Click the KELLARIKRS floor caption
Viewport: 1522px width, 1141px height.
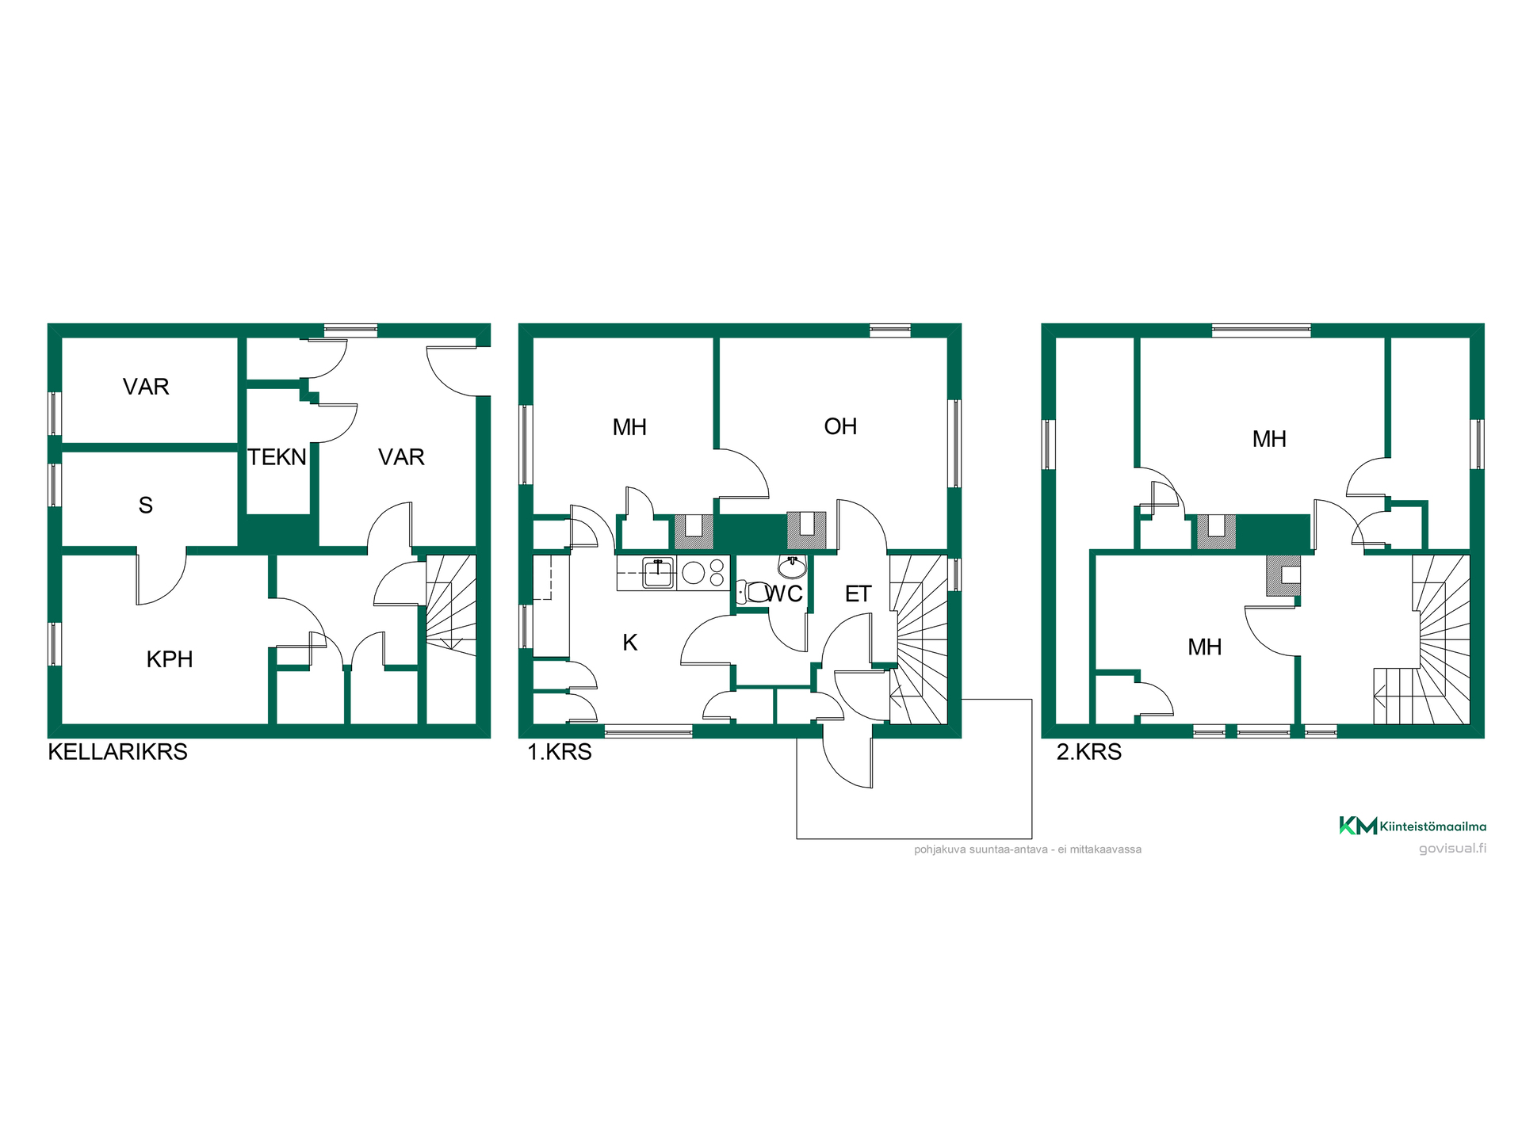pos(118,752)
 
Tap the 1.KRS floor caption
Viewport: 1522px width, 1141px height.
pos(560,752)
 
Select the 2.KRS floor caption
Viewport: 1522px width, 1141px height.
pos(1089,752)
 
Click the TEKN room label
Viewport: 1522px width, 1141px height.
pos(277,457)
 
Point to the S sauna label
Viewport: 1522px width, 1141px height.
pos(146,506)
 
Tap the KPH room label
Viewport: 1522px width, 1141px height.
pos(170,659)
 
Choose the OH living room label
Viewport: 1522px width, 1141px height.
pos(840,426)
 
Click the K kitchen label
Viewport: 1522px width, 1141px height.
pos(630,643)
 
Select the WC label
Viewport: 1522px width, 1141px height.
pos(783,593)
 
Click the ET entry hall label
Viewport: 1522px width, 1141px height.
pos(859,594)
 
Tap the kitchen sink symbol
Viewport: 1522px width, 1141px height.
pos(658,573)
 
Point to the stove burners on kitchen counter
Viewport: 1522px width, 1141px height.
pos(703,572)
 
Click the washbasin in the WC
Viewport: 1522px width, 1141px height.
pos(792,567)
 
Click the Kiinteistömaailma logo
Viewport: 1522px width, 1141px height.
pos(1413,826)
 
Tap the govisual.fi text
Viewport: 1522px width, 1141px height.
pos(1452,849)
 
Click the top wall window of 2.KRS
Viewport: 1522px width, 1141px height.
pos(1261,330)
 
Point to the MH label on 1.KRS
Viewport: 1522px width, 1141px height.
pos(630,428)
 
